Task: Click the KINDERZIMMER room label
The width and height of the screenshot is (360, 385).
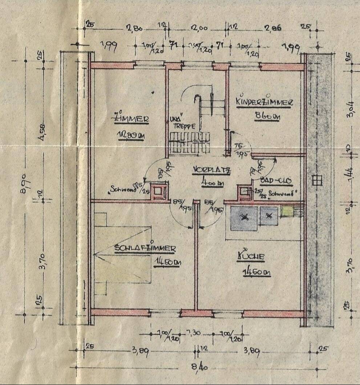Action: [264, 103]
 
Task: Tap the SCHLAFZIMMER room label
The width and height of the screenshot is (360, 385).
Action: [145, 249]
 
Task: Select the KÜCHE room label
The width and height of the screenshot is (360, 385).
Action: [251, 256]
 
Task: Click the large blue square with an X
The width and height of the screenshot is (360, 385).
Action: [244, 218]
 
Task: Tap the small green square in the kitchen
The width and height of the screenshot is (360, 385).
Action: [287, 211]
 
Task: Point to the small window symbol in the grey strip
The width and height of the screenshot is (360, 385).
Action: [317, 180]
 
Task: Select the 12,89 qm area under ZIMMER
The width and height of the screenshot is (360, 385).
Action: [131, 135]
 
